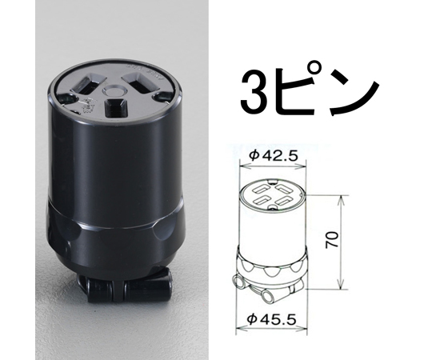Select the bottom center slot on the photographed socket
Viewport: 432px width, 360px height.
(x=116, y=108)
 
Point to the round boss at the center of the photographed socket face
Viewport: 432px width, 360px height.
(x=114, y=90)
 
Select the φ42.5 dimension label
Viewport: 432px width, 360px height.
(x=273, y=156)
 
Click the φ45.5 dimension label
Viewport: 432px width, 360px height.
(x=271, y=320)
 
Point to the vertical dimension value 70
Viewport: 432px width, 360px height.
(x=332, y=240)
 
